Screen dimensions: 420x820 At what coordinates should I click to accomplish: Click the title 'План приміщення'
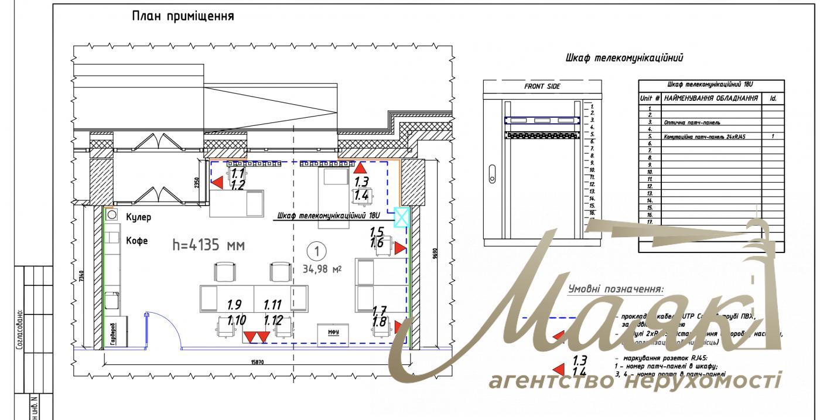tap(184, 16)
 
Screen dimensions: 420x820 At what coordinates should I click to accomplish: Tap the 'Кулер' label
tap(139, 218)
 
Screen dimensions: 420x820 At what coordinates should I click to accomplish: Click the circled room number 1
tap(316, 252)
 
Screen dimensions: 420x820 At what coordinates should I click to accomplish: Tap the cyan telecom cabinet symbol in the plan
tap(401, 217)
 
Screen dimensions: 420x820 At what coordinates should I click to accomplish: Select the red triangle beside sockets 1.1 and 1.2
tap(217, 183)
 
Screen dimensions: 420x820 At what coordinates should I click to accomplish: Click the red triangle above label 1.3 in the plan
tap(360, 170)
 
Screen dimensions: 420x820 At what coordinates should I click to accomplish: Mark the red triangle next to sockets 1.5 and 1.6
tap(399, 248)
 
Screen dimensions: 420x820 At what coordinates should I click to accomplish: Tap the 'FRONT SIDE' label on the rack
tap(542, 86)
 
